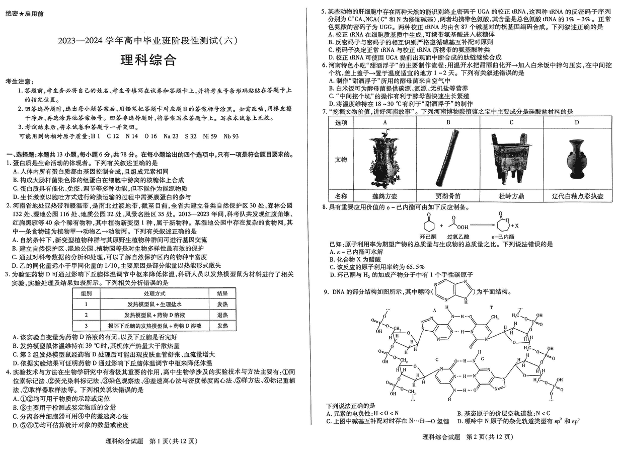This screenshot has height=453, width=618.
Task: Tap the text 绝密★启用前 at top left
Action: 24,14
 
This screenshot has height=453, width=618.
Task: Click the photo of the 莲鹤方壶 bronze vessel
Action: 384,160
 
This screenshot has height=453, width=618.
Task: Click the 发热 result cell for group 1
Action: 222,304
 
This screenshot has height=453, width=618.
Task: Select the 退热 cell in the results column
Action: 222,315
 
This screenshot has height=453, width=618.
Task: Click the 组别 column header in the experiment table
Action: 86,293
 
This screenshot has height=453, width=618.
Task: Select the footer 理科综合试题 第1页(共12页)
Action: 148,441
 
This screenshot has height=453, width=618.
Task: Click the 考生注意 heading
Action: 20,81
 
